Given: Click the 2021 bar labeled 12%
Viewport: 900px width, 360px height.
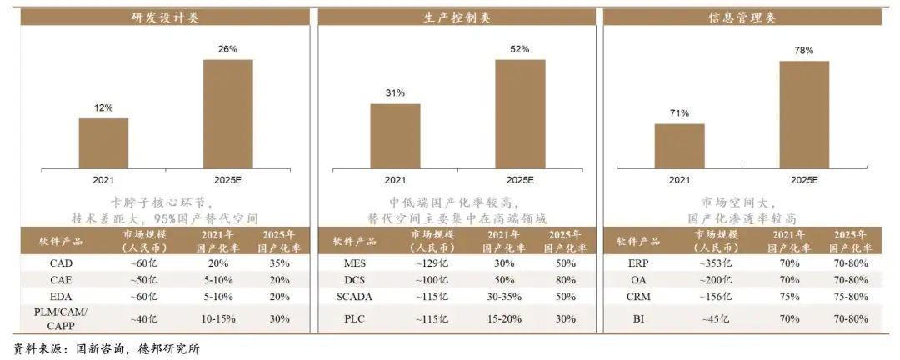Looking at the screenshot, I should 103,143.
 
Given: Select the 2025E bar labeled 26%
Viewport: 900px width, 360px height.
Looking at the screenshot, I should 228,114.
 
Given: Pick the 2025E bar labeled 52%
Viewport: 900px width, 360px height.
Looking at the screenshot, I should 520,114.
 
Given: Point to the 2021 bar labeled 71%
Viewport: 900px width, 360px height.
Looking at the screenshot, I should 679,146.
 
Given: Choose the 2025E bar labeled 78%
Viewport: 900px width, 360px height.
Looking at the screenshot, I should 804,114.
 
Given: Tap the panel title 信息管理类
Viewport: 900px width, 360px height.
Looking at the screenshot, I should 742,17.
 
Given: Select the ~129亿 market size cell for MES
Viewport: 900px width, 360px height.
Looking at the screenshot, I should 432,262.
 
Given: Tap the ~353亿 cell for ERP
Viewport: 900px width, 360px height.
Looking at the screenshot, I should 715,262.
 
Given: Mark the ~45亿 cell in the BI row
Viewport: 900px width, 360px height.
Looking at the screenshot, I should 715,317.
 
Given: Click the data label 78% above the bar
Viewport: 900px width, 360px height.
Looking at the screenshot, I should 804,51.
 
